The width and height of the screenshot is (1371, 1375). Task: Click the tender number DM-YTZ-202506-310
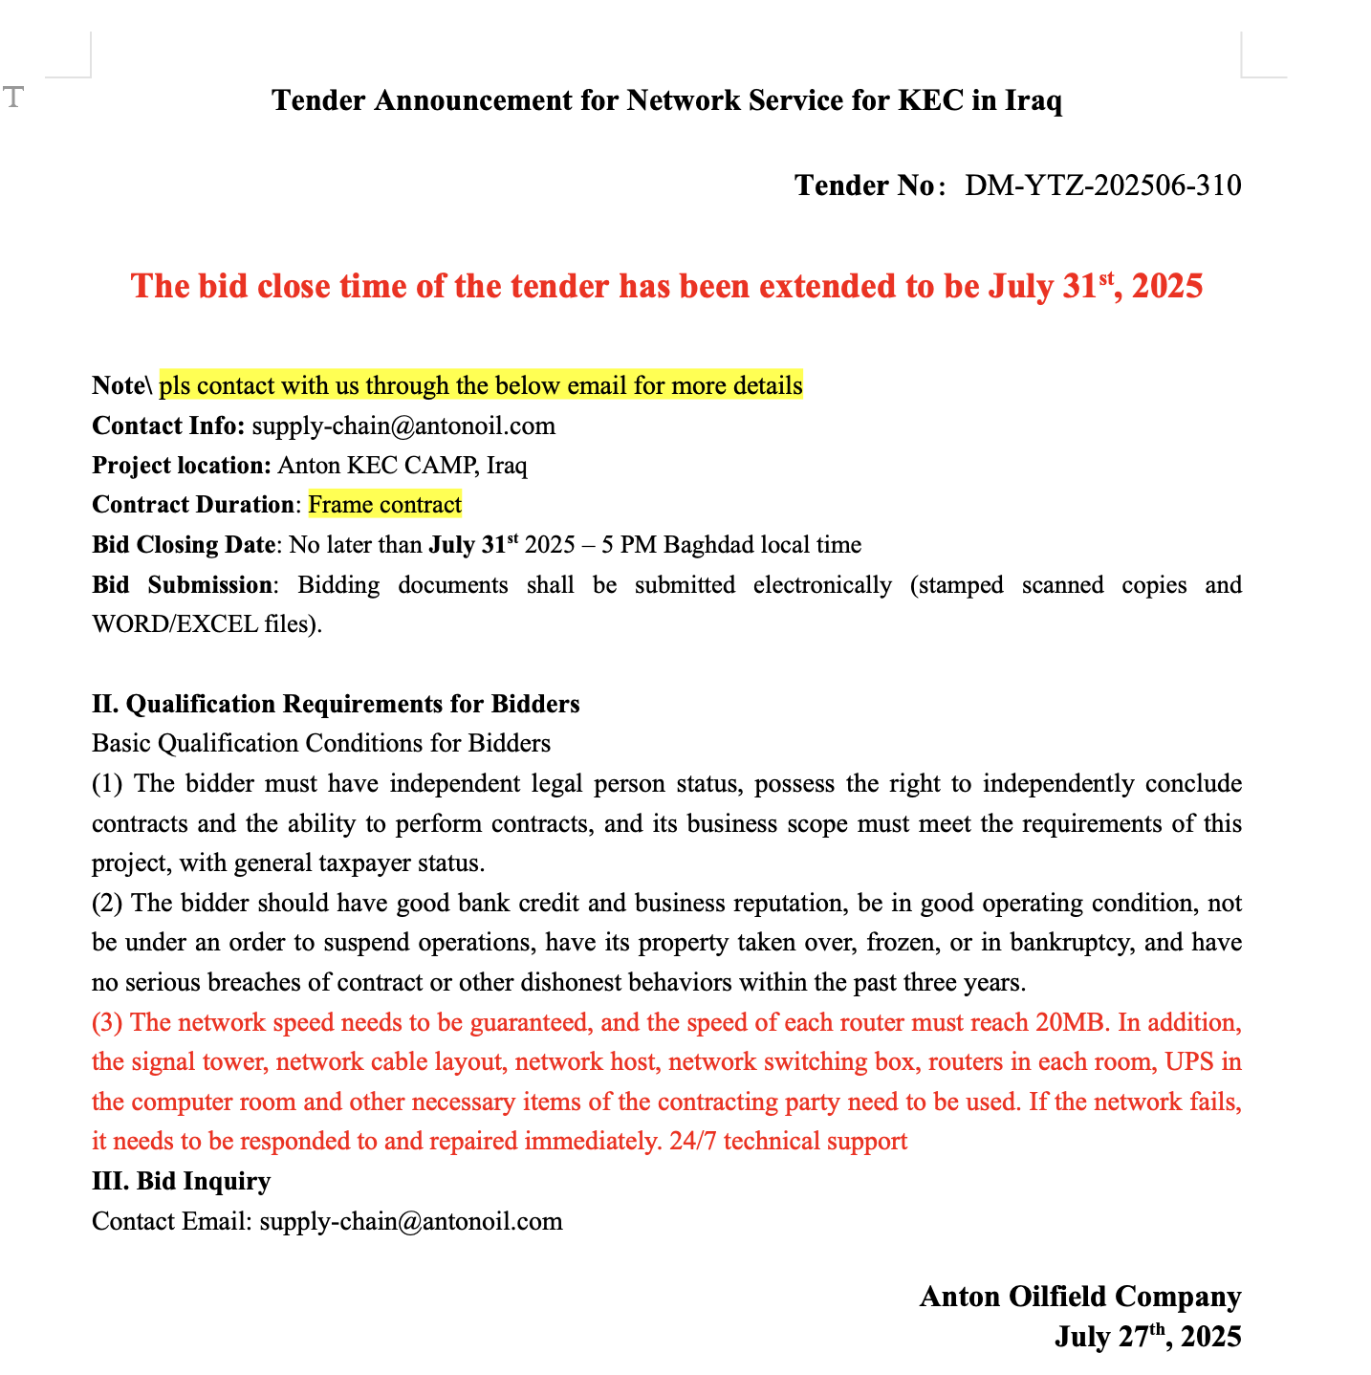click(1102, 186)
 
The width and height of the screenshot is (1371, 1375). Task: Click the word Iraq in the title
click(1034, 100)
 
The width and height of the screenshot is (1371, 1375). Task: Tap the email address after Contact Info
click(403, 426)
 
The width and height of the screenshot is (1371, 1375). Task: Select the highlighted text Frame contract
click(384, 505)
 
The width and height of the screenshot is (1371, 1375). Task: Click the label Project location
click(182, 466)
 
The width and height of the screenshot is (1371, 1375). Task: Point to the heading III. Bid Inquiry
click(181, 1182)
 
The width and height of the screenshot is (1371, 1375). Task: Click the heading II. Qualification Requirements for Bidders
click(336, 705)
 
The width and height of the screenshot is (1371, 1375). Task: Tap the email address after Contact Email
click(411, 1222)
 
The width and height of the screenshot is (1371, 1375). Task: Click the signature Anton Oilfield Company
click(1079, 1297)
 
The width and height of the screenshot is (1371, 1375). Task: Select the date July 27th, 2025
click(1147, 1337)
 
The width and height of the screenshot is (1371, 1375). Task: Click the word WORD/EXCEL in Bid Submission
click(175, 625)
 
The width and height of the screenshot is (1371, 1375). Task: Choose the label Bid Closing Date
click(184, 545)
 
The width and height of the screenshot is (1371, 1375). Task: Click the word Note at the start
click(118, 386)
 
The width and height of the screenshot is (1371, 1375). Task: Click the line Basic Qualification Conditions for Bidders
click(321, 744)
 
